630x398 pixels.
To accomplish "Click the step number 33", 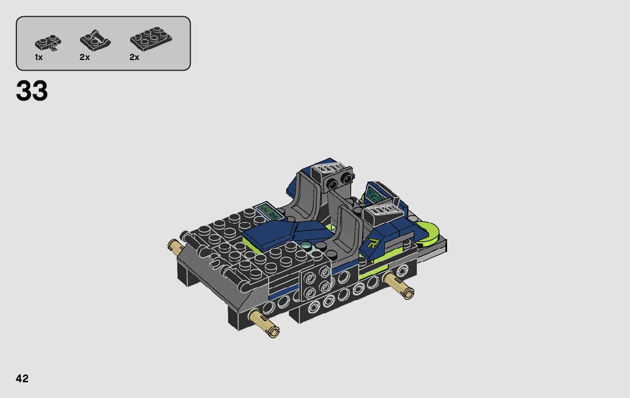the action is click(x=32, y=91).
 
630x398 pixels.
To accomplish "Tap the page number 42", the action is click(x=22, y=378).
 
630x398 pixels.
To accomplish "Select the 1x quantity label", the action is click(x=39, y=57).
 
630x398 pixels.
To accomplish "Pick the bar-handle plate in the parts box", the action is click(x=95, y=40).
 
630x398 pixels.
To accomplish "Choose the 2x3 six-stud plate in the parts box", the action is click(x=151, y=39).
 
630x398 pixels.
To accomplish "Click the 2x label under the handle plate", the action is click(x=84, y=57).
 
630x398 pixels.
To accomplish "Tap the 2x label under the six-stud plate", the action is click(x=134, y=57).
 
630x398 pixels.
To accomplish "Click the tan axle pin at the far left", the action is click(x=176, y=245).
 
